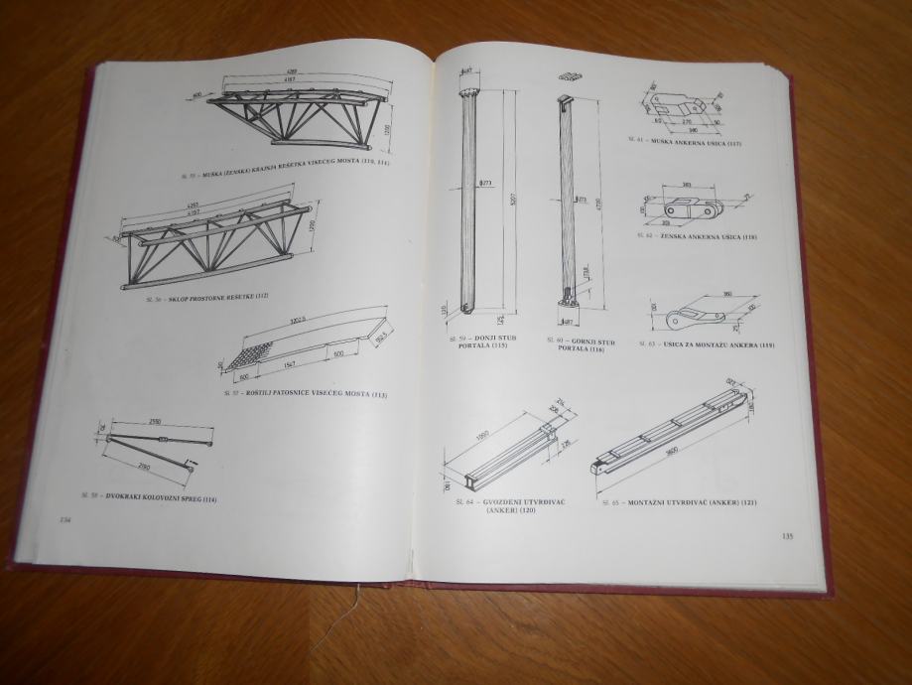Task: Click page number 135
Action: [787, 537]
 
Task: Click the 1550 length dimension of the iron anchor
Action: [482, 436]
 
